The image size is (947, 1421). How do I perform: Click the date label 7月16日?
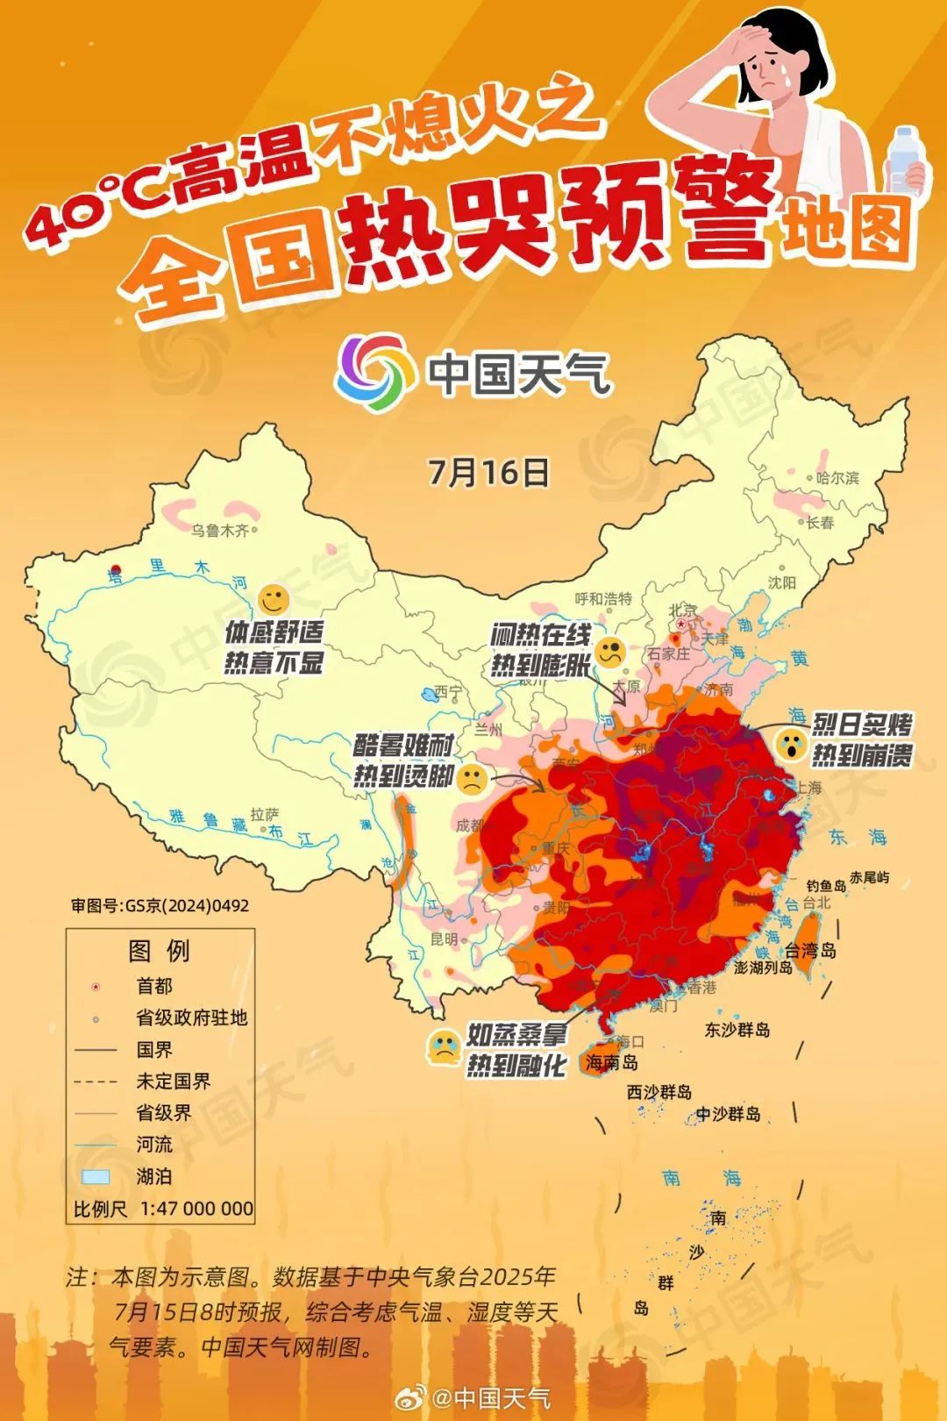coord(488,472)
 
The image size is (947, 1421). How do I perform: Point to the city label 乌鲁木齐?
coord(220,531)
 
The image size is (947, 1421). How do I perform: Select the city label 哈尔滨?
coord(837,478)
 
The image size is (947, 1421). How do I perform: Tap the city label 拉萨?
coord(264,815)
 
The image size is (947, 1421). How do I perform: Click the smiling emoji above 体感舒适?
coord(274,601)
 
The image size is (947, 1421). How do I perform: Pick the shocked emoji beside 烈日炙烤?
coord(791,744)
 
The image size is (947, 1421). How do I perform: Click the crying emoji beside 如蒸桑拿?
coord(444,1047)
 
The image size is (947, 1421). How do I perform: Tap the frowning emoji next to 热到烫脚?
coord(472,779)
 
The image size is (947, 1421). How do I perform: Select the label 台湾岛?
coord(809,950)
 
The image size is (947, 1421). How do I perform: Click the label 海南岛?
coord(611,1062)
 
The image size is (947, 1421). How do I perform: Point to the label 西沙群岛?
coord(659,1092)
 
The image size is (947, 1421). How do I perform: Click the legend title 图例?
coord(159,951)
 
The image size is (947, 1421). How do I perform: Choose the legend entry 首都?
coord(154,986)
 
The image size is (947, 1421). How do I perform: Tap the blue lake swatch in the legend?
coord(96,1176)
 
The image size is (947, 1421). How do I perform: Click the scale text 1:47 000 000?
coord(196,1209)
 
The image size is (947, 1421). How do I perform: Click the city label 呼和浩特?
coord(603,598)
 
